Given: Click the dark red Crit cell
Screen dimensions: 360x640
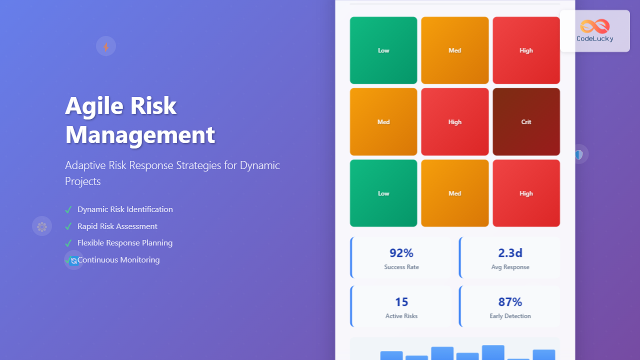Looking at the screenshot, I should click(526, 121).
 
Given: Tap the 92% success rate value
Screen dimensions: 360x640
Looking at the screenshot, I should click(401, 253).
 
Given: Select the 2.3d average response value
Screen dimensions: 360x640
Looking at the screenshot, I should click(510, 253).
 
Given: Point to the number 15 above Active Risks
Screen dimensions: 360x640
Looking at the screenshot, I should click(401, 302).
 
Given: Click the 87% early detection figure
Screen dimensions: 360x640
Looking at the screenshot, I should click(510, 302).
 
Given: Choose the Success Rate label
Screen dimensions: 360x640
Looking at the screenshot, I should click(401, 267).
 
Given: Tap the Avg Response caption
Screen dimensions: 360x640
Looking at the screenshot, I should click(510, 267).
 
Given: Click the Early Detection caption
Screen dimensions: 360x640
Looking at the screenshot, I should click(510, 316).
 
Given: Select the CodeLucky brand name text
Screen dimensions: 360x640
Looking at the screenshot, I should click(594, 38).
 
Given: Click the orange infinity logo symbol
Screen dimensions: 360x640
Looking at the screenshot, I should click(594, 26).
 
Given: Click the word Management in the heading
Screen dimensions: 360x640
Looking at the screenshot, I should click(140, 135).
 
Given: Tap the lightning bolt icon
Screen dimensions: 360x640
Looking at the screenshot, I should click(106, 46).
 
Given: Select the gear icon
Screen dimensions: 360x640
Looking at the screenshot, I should click(42, 226).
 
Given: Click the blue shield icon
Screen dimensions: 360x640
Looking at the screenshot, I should click(579, 154).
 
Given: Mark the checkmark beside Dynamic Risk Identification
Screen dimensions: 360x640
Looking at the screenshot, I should click(68, 209).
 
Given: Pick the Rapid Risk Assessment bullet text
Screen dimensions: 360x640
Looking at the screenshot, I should click(117, 226).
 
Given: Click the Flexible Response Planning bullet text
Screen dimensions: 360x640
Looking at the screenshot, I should click(125, 243).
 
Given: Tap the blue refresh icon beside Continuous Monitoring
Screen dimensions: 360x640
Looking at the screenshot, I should click(74, 260).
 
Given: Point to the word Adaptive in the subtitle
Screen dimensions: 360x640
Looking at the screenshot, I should click(84, 165).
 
